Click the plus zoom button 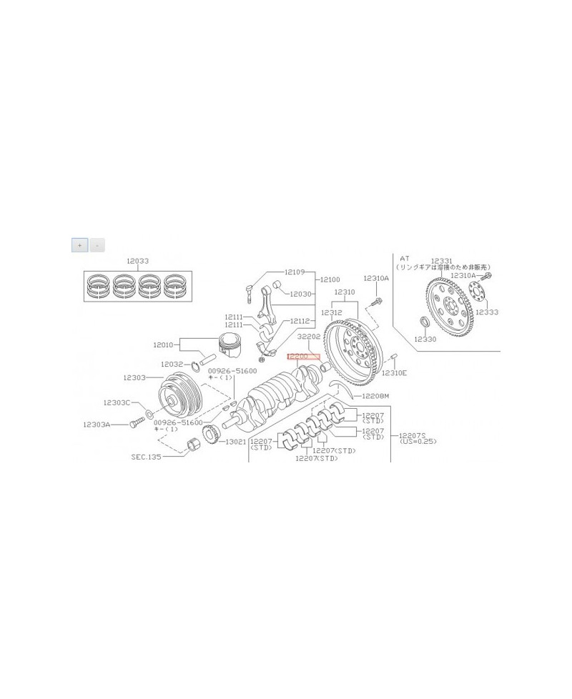pyautogui.click(x=79, y=245)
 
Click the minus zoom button pyautogui.click(x=97, y=245)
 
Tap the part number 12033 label pyautogui.click(x=138, y=262)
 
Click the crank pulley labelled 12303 pyautogui.click(x=177, y=397)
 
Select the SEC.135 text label pyautogui.click(x=147, y=455)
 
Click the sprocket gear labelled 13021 pyautogui.click(x=212, y=434)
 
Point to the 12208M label pyautogui.click(x=375, y=395)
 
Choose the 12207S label pyautogui.click(x=413, y=434)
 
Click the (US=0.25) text pyautogui.click(x=418, y=442)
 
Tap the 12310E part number pyautogui.click(x=393, y=373)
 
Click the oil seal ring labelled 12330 pyautogui.click(x=424, y=319)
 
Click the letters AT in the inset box pyautogui.click(x=404, y=257)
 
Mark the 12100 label pyautogui.click(x=330, y=279)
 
